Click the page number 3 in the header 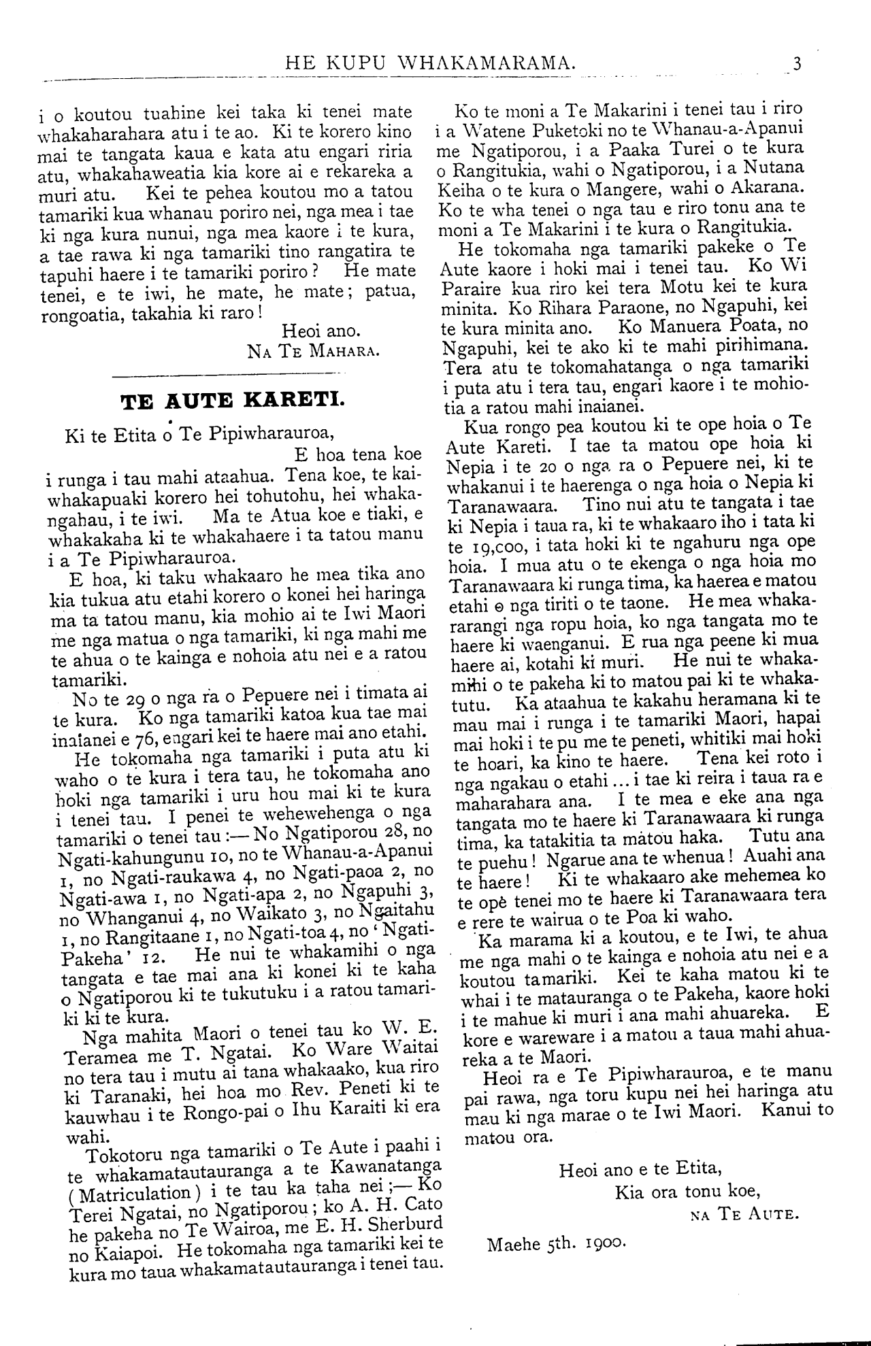(797, 65)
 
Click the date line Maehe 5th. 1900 (555, 1245)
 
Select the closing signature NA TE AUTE (741, 1213)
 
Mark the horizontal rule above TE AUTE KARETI (224, 373)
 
